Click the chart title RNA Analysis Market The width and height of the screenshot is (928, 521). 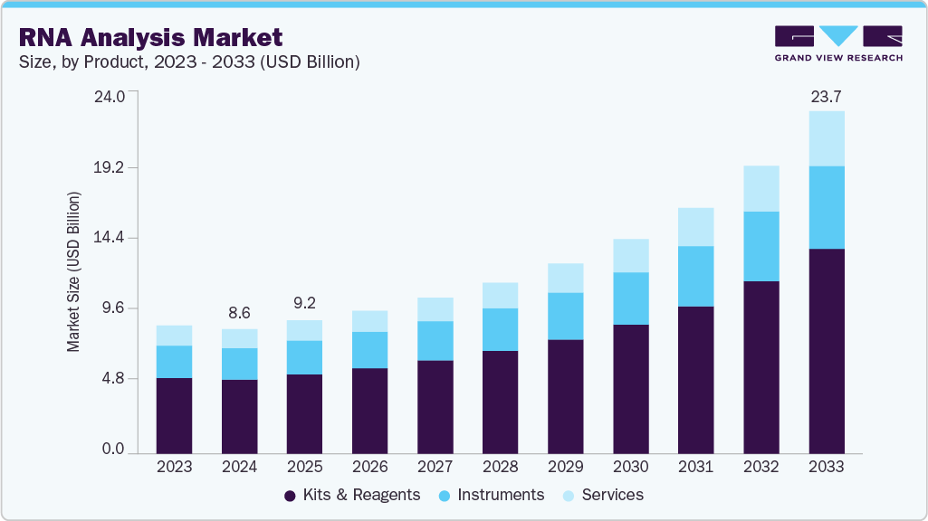pos(149,37)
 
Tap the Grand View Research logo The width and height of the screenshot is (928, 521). pos(837,43)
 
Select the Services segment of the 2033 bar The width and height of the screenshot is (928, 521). pos(826,138)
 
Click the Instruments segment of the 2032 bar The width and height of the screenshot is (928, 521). pos(761,246)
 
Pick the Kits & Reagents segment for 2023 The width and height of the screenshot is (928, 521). pos(174,415)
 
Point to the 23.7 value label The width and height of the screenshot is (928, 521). pos(826,97)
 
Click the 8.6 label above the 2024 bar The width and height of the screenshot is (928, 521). pos(239,313)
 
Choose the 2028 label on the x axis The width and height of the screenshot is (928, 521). pos(500,468)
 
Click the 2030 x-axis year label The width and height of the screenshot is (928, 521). pos(630,468)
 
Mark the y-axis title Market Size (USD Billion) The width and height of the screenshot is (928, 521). pos(73,272)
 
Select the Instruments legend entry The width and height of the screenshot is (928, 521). pos(491,495)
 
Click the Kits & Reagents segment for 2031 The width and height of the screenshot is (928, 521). pos(695,380)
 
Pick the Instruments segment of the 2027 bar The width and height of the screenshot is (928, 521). pos(435,340)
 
